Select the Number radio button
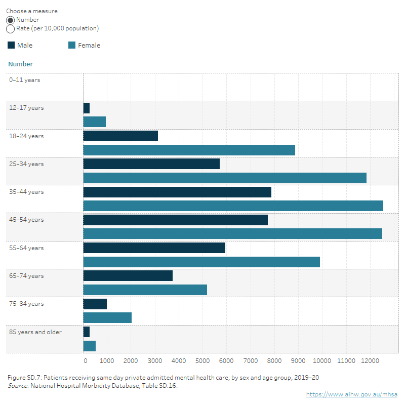point(10,20)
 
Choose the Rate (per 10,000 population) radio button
point(10,29)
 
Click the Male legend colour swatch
point(11,45)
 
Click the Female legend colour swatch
point(72,45)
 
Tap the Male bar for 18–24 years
point(120,136)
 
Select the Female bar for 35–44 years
point(233,206)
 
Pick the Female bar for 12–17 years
point(95,121)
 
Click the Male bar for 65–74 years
point(128,275)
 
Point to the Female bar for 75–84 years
point(107,317)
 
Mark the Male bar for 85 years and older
point(87,332)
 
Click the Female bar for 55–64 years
point(201,262)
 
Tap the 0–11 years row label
point(24,80)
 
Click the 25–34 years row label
point(26,164)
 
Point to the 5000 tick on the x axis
point(202,360)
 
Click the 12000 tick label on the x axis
point(370,360)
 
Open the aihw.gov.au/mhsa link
point(351,394)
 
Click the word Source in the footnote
point(17,386)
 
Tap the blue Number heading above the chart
point(21,64)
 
